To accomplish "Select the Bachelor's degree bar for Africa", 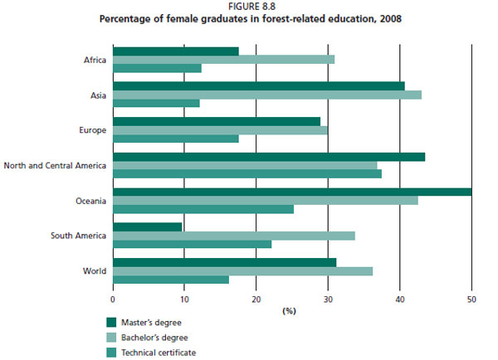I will [x=223, y=60].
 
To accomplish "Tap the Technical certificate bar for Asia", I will [x=156, y=104].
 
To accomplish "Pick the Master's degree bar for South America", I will [x=147, y=226].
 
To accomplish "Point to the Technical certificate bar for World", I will [x=170, y=280].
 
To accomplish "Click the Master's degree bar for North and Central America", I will [x=269, y=157].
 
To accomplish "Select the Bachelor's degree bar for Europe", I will [x=220, y=129].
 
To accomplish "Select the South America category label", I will [x=78, y=236].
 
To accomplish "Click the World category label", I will [x=94, y=270].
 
